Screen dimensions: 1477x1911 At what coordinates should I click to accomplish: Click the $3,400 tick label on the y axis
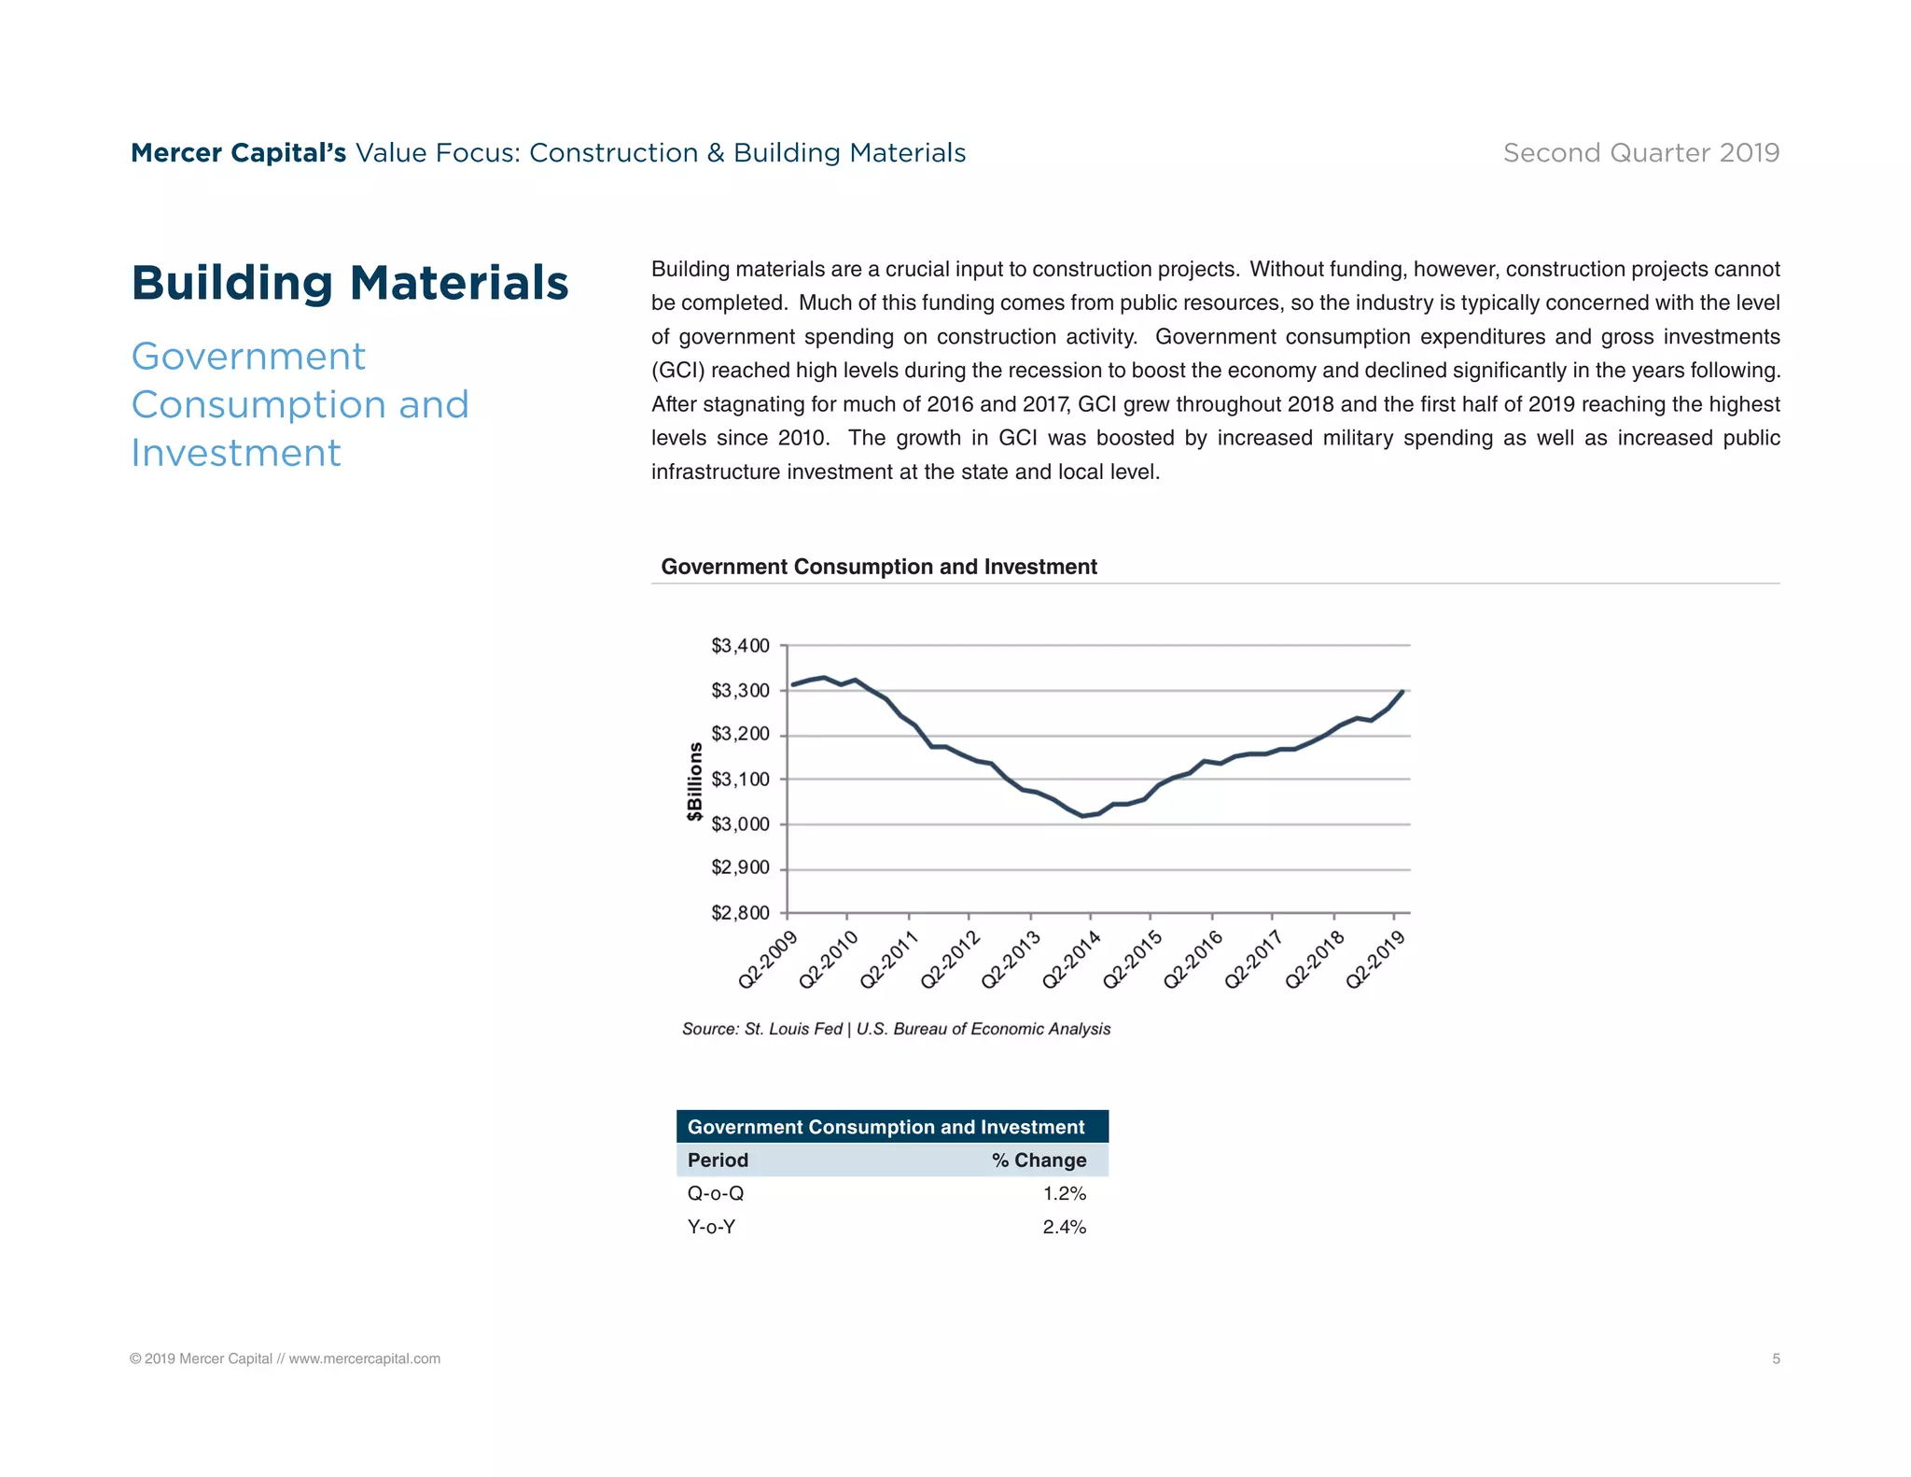coord(740,646)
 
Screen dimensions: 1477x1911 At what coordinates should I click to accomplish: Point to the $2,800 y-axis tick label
coord(740,913)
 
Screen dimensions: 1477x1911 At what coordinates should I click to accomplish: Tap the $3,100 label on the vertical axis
coord(740,780)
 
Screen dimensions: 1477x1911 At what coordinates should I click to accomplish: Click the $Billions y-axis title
coord(694,781)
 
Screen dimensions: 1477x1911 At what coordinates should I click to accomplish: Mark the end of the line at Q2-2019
coord(1402,692)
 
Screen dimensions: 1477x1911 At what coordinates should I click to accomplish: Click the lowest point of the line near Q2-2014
coord(1082,816)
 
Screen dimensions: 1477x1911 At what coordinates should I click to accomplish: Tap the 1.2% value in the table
coord(1064,1194)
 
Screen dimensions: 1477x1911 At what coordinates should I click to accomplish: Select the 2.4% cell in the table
coord(1064,1228)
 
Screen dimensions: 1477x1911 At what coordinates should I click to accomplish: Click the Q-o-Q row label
coord(716,1194)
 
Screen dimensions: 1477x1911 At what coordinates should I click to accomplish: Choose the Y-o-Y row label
coord(711,1228)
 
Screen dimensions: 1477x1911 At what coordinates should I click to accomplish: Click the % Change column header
coord(1039,1160)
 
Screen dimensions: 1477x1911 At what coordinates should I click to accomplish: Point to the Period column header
coord(718,1160)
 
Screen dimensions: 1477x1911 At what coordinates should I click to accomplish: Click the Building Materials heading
coord(350,283)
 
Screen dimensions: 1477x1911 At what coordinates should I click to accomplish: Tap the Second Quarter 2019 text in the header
coord(1640,153)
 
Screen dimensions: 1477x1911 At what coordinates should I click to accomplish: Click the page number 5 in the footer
coord(1776,1359)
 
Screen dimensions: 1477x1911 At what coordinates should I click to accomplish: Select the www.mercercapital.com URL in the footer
coord(364,1359)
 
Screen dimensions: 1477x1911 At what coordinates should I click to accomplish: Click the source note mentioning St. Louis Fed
coord(896,1029)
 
